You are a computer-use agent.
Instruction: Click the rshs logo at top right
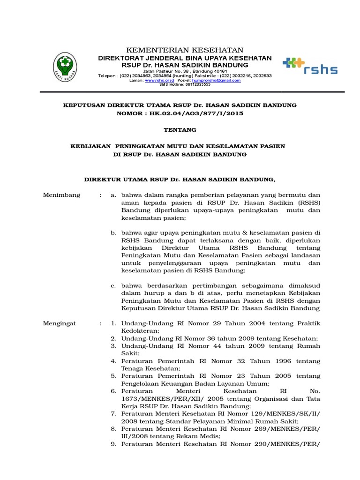coord(310,67)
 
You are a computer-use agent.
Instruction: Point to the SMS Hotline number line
coord(185,84)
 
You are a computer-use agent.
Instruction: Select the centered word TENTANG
coord(180,129)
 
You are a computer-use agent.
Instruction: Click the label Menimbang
coord(61,195)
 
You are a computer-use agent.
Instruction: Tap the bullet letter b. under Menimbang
coord(113,232)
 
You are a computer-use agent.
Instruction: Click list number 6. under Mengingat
coord(113,390)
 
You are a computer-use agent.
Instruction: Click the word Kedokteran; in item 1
coord(140,330)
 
